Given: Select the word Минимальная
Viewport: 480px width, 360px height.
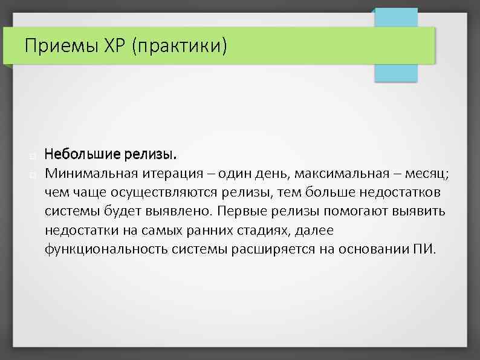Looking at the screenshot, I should coord(91,174).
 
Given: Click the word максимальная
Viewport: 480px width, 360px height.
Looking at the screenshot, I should coord(340,174).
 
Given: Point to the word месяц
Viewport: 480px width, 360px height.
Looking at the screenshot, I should coord(427,174).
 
